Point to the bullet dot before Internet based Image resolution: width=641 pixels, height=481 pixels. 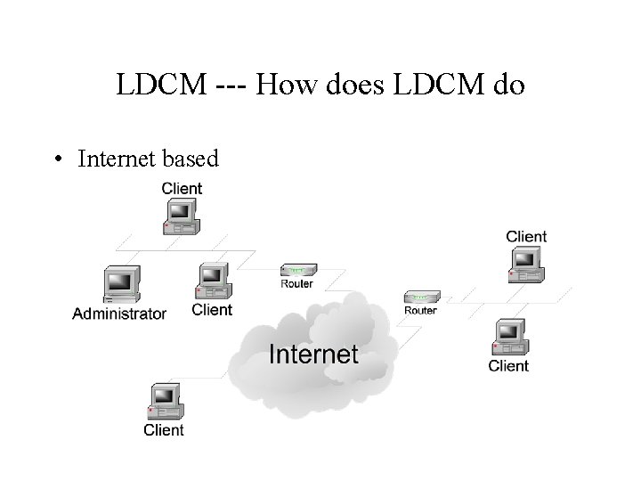pos(57,160)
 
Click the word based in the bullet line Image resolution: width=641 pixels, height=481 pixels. pos(189,159)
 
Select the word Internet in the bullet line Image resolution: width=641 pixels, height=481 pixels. pos(117,159)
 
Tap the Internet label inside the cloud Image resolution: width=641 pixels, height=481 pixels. pos(313,354)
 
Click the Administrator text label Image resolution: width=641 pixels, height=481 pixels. pos(119,314)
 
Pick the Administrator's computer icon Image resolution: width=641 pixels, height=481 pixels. pos(119,284)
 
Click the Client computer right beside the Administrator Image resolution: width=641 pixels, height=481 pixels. pos(213,282)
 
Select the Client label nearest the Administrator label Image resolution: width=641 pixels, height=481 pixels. pos(212,310)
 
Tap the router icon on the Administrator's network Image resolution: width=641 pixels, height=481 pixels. pos(296,270)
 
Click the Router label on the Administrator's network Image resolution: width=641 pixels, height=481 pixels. pos(296,284)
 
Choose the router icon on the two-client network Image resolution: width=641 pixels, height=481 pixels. pos(419,297)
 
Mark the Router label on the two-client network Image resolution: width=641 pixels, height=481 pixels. pos(420,311)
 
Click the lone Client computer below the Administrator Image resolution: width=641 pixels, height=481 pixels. pos(165,403)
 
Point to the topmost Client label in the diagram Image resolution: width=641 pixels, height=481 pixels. pos(182,188)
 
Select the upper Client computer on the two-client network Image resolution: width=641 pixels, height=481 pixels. pos(524,265)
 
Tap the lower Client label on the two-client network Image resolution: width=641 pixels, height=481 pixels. pos(508,366)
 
